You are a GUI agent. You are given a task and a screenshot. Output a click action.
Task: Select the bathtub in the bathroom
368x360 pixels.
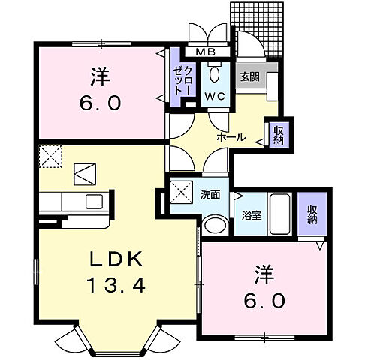[x=281, y=214]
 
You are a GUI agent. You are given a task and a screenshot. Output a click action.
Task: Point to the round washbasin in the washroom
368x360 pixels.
[x=215, y=226]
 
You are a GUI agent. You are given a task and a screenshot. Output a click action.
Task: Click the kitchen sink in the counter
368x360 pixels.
[x=95, y=202]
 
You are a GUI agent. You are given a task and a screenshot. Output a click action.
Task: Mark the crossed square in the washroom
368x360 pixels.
[x=180, y=190]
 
